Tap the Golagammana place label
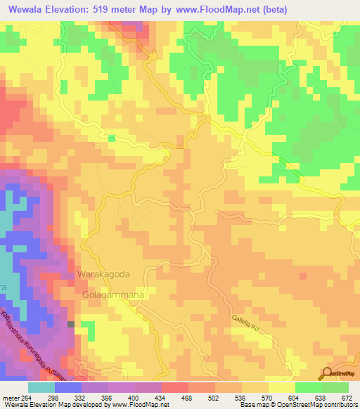pos(113,295)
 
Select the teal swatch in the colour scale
pos(41,387)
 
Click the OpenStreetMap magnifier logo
pos(328,373)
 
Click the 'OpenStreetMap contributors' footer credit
pos(321,405)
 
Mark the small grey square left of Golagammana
pos(71,324)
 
